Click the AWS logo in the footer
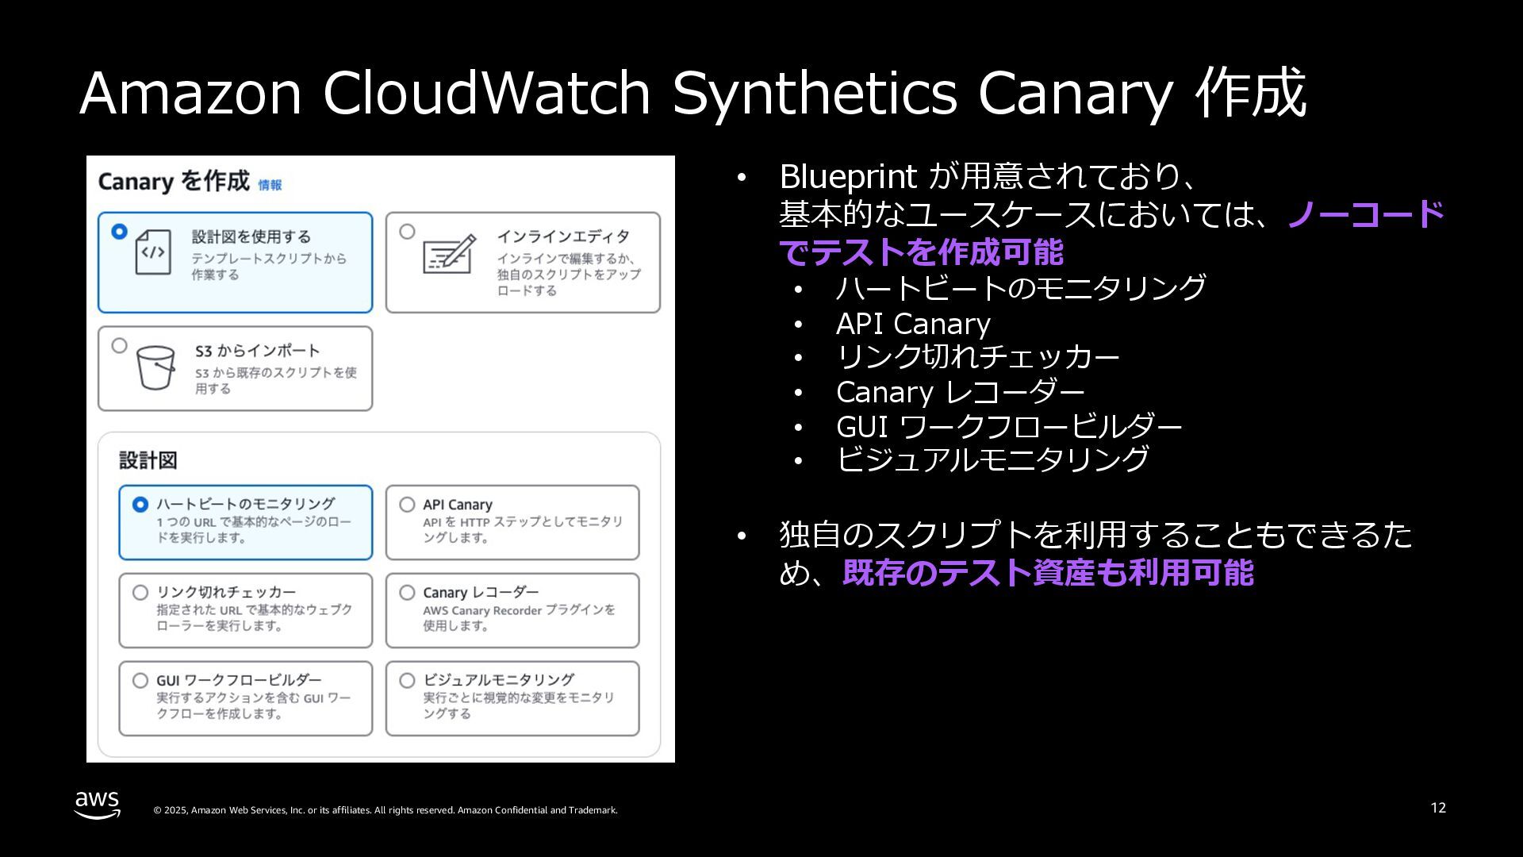tap(98, 804)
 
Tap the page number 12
tap(1438, 808)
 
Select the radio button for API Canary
tap(407, 505)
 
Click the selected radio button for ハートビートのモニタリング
tap(140, 505)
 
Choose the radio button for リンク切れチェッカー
tap(140, 593)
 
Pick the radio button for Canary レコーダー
tap(407, 593)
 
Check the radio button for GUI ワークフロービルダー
tap(140, 681)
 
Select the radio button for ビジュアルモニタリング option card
tap(407, 681)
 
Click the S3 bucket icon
tap(155, 367)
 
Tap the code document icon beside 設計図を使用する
tap(153, 252)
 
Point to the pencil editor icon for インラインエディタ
tap(450, 253)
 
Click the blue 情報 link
tap(270, 185)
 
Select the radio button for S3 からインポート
tap(119, 346)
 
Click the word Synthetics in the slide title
tap(815, 93)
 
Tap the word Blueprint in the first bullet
tap(848, 176)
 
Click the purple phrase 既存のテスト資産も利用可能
tap(1048, 573)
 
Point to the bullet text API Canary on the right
tap(913, 324)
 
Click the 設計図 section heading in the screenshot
tap(148, 460)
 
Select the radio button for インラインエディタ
tap(407, 232)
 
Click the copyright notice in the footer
tap(386, 810)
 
